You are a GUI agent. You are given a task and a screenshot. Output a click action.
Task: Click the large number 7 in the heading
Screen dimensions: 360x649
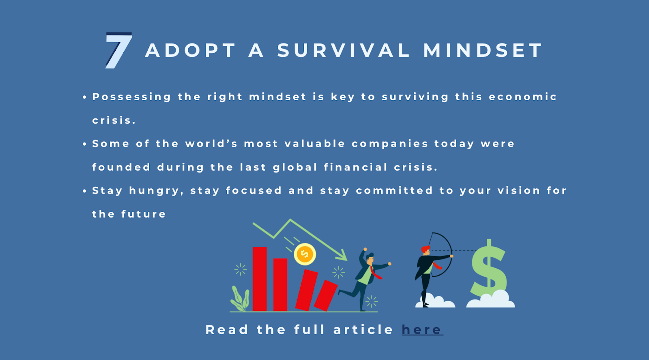[x=118, y=50]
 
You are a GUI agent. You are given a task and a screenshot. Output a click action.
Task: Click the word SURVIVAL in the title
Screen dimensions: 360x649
[x=344, y=51]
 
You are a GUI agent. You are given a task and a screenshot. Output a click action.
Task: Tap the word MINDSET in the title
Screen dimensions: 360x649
[x=483, y=51]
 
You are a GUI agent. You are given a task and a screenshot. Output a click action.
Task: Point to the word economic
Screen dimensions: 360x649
[x=523, y=97]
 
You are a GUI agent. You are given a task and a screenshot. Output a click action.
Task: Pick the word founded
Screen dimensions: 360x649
[x=121, y=167]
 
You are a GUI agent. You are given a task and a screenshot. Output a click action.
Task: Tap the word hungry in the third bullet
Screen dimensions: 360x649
[x=155, y=191]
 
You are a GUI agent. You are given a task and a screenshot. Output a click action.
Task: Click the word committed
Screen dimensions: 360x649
[x=394, y=191]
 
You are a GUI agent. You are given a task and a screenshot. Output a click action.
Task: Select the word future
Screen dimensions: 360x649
[x=144, y=214]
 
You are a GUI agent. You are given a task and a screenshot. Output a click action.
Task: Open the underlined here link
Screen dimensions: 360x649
[x=422, y=330]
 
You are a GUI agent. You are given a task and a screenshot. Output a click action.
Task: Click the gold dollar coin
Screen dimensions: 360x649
[x=305, y=254]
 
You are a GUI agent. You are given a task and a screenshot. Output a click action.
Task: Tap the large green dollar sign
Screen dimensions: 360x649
[x=489, y=268]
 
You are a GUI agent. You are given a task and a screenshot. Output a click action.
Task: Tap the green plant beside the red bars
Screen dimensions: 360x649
[x=240, y=300]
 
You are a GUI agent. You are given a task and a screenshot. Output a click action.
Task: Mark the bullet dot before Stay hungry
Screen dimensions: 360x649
[x=84, y=191]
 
